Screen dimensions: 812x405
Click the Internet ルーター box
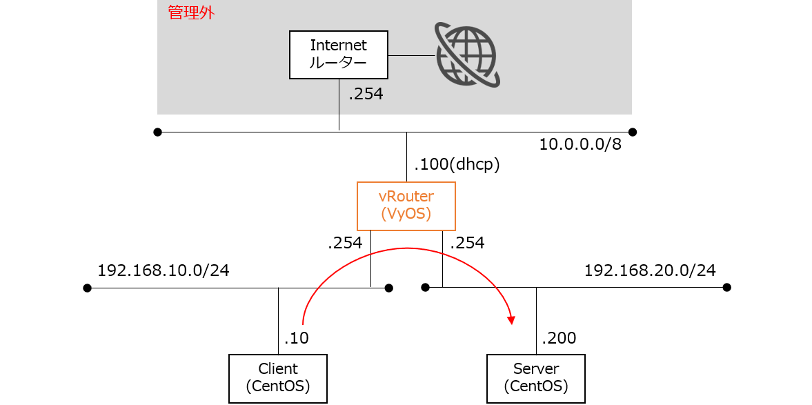339,55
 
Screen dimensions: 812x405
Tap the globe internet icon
467,53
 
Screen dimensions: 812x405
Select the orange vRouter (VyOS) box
406,206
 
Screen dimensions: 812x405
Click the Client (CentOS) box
278,378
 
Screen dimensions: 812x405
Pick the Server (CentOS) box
536,378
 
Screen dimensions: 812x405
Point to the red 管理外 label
191,13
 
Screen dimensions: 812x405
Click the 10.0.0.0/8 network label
580,144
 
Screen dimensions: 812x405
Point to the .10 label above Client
296,338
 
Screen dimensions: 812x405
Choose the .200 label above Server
558,338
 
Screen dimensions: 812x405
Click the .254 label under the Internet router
366,95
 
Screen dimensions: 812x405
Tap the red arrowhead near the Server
512,320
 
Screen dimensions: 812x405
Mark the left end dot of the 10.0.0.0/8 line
158,132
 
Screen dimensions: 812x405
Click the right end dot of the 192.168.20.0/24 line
727,288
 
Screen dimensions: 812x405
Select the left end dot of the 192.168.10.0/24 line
87,288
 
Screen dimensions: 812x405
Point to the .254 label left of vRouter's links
346,244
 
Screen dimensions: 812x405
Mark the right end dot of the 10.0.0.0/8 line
632,132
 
